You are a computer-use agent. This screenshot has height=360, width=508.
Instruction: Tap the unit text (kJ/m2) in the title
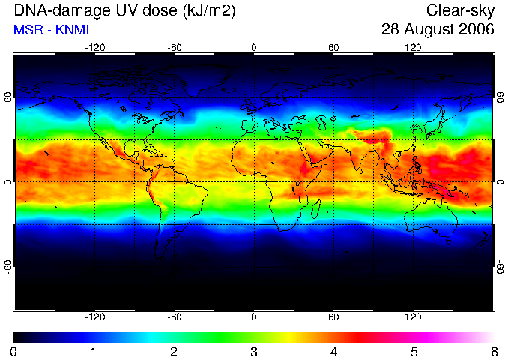[209, 11]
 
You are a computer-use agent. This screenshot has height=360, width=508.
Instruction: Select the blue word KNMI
[72, 30]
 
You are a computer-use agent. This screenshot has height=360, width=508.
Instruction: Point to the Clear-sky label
[460, 11]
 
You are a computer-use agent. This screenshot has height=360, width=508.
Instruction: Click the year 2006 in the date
[477, 29]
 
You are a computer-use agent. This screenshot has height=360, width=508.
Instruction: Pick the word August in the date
[429, 30]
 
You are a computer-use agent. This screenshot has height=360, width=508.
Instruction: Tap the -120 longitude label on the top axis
[95, 48]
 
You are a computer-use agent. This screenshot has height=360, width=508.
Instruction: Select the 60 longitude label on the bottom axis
[333, 316]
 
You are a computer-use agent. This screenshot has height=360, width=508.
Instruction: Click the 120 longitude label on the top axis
[413, 48]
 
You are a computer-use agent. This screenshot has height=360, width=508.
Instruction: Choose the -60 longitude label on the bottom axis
[175, 316]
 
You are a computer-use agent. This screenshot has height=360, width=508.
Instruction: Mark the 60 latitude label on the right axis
[501, 97]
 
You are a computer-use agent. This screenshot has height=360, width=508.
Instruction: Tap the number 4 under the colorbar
[333, 352]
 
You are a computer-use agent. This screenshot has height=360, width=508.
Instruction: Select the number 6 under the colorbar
[494, 352]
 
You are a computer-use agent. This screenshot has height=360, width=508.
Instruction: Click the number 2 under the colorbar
[174, 352]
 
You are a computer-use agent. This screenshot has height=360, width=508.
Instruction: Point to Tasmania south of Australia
[448, 241]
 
